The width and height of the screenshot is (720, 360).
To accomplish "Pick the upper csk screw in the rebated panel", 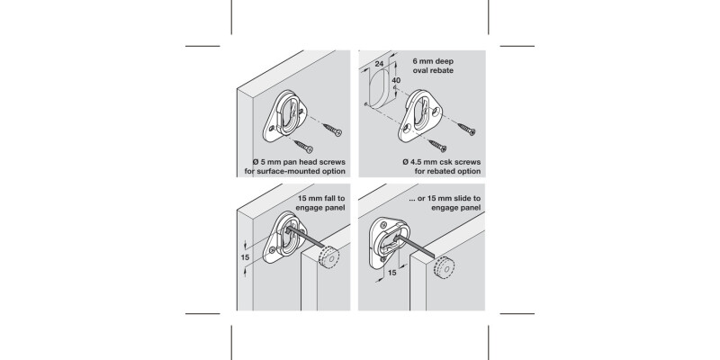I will tap(463, 127).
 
